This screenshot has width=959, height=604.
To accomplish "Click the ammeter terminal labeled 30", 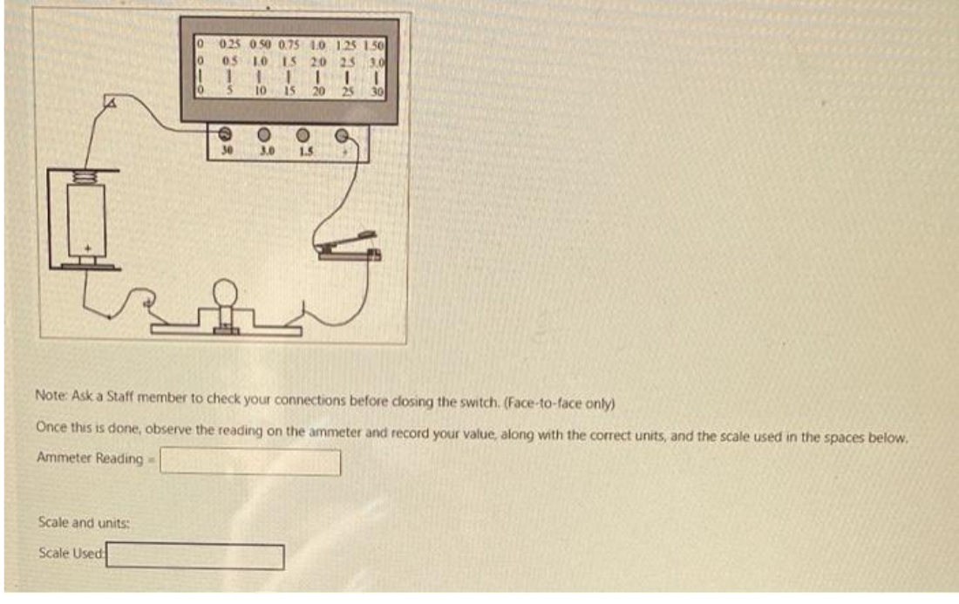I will click(x=224, y=135).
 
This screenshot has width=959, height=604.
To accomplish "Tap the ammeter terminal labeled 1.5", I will click(x=303, y=135).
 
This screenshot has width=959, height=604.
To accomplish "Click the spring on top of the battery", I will click(x=84, y=174).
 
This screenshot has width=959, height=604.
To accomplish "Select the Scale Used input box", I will click(x=195, y=556).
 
